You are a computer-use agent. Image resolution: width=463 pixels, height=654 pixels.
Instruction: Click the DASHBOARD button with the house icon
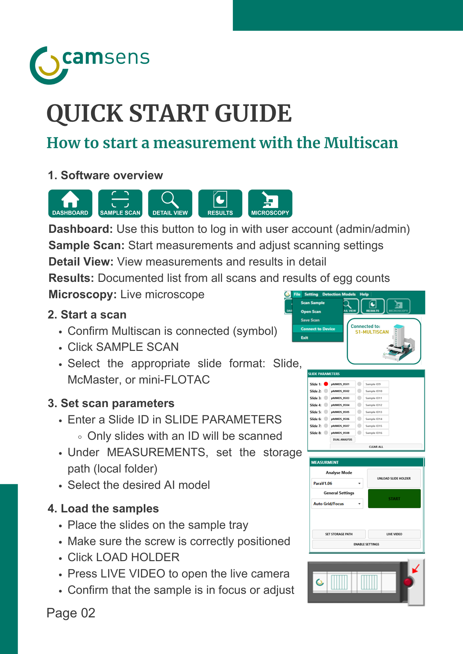click(70, 203)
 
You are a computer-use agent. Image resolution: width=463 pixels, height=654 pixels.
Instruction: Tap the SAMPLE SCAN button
click(120, 203)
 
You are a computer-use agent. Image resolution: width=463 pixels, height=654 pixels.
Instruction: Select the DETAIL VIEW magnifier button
click(170, 203)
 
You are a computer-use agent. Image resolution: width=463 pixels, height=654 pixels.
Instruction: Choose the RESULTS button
click(220, 203)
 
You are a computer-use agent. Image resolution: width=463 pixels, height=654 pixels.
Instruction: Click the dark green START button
click(394, 499)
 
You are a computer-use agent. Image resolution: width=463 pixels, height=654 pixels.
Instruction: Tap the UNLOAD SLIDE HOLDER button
click(394, 478)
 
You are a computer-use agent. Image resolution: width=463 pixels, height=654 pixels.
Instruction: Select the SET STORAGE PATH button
click(339, 534)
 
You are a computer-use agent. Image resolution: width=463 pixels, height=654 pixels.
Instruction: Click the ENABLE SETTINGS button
click(366, 544)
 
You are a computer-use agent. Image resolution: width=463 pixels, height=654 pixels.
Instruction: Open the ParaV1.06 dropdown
click(337, 483)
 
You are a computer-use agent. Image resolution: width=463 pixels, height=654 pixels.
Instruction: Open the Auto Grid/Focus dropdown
click(337, 504)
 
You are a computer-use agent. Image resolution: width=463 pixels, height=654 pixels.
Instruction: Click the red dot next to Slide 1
click(326, 384)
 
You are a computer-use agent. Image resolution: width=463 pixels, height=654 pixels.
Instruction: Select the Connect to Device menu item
click(318, 329)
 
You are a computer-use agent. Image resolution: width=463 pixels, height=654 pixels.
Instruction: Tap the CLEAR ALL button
click(376, 447)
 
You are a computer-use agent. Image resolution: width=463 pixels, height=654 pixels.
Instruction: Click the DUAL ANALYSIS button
click(343, 439)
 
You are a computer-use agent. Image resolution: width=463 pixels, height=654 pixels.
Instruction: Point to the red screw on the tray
click(408, 582)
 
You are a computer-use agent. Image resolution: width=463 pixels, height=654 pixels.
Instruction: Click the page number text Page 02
click(71, 613)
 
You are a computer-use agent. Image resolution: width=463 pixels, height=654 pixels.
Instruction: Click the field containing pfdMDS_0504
click(343, 405)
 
